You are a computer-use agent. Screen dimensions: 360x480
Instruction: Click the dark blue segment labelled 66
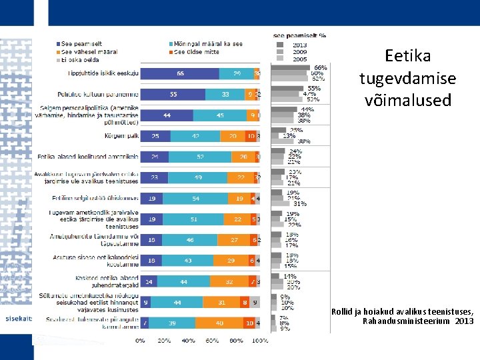[179, 73]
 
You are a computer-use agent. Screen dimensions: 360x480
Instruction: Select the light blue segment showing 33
[225, 95]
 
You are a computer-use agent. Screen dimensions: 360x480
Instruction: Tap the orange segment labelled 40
[219, 323]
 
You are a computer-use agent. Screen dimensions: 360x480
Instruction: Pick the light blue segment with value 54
[195, 198]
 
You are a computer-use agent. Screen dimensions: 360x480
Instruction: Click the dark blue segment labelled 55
[173, 95]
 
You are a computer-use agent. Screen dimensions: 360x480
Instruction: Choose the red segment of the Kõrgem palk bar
[250, 136]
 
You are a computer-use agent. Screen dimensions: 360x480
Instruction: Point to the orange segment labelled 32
[229, 281]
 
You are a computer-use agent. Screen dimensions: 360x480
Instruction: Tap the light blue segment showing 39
[172, 323]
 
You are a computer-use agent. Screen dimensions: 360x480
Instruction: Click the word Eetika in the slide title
[408, 56]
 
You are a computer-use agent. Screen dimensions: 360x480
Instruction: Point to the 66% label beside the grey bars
[320, 67]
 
